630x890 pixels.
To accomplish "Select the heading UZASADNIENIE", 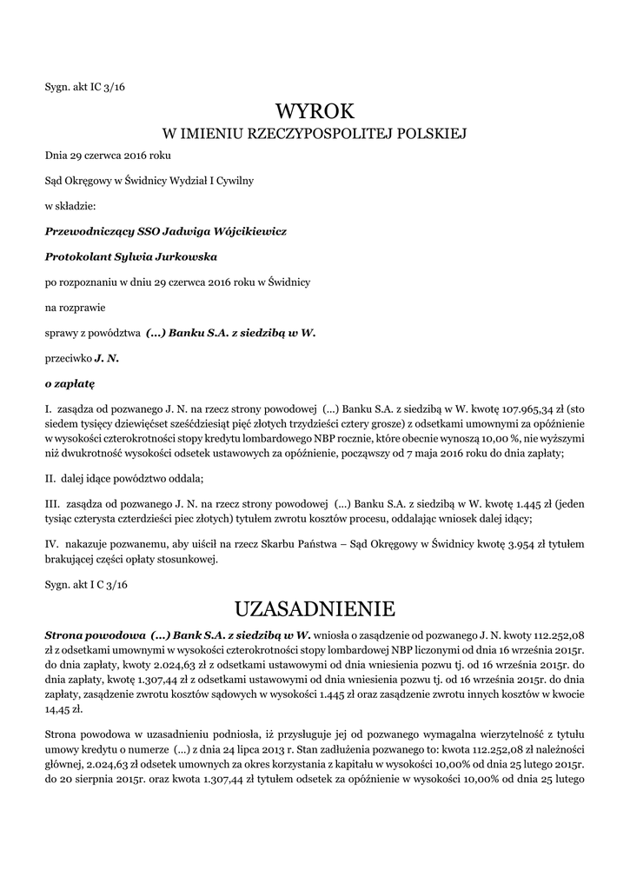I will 315,606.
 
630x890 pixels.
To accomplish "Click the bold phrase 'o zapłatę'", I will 70,382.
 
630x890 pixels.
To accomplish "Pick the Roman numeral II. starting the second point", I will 50,478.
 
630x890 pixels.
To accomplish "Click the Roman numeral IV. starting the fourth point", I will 52,544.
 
